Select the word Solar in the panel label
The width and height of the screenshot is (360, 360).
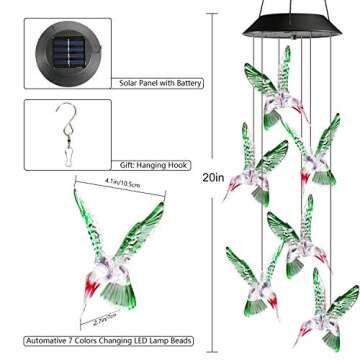click(x=127, y=84)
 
